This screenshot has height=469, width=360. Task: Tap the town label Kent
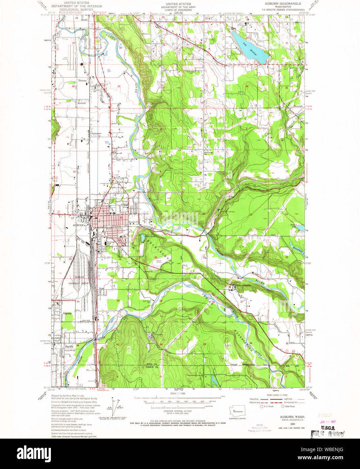pos(84,20)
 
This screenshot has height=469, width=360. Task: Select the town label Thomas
pos(82,81)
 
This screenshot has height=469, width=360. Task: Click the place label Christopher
pos(96,134)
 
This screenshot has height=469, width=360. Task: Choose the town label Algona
pos(67,313)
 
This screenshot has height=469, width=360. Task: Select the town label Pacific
pos(69,347)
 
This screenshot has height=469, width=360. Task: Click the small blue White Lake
pos(143,238)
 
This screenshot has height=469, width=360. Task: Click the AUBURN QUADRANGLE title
pos(283,4)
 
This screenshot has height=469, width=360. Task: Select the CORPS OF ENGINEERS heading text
pos(178,10)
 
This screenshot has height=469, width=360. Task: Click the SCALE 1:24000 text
pos(178,393)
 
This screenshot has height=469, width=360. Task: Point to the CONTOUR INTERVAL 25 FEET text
pos(178,411)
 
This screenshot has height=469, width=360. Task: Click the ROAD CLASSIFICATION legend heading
pos(277,395)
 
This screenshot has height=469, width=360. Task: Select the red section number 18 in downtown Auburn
pos(121,218)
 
